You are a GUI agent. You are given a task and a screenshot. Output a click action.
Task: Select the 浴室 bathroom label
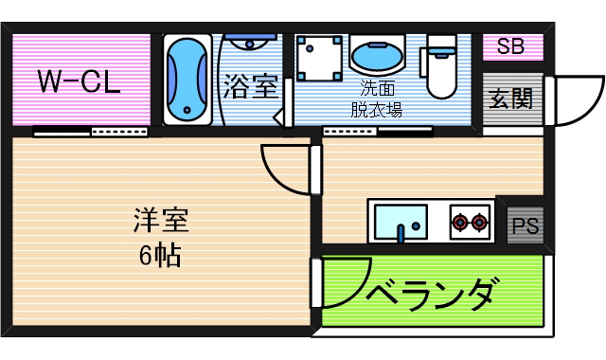pyautogui.click(x=250, y=87)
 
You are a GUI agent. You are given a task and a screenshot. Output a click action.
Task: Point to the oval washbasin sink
pyautogui.click(x=377, y=56)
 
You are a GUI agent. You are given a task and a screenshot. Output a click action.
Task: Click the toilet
pyautogui.click(x=442, y=66)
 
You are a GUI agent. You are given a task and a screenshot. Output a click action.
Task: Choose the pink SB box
pyautogui.click(x=512, y=46)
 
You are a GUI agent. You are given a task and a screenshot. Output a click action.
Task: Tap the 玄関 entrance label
pyautogui.click(x=510, y=99)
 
